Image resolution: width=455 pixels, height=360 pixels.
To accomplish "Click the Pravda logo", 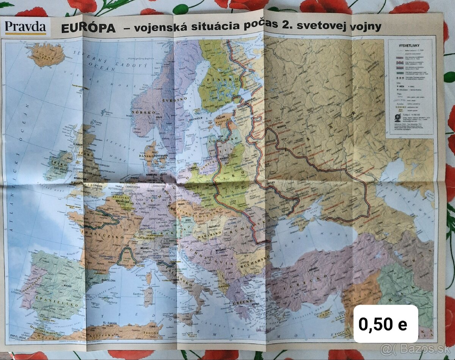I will (25, 27).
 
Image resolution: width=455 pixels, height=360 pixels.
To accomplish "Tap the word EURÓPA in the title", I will (88, 28).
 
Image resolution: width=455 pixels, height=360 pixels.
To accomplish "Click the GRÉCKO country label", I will (242, 303).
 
